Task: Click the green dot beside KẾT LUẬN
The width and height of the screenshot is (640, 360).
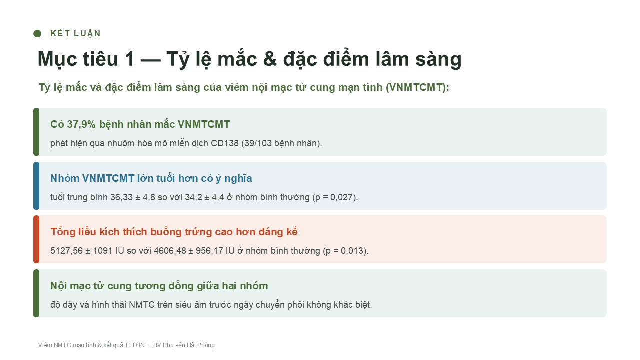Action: (37, 33)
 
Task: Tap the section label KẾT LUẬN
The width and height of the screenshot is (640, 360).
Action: (75, 33)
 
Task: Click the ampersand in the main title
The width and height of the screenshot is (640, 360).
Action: (270, 59)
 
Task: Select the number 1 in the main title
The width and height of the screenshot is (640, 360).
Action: (129, 59)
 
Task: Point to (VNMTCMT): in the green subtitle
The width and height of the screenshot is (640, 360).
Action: (417, 87)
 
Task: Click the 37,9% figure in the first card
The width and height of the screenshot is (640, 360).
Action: (81, 124)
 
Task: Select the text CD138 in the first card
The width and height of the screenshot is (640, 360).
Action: (224, 143)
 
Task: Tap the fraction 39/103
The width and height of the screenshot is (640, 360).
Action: (258, 143)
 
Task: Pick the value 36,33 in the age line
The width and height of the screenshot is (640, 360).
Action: (121, 197)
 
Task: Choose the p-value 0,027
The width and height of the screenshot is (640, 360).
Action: (342, 197)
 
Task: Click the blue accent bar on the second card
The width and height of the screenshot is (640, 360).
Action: (36, 186)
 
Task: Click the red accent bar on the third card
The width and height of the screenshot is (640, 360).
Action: (36, 239)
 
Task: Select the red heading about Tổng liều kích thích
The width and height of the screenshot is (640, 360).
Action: (174, 232)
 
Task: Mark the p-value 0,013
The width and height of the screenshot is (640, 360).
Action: (353, 251)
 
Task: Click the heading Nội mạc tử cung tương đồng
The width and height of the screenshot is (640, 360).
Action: (159, 286)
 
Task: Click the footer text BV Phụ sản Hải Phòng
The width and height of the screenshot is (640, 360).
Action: (184, 345)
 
